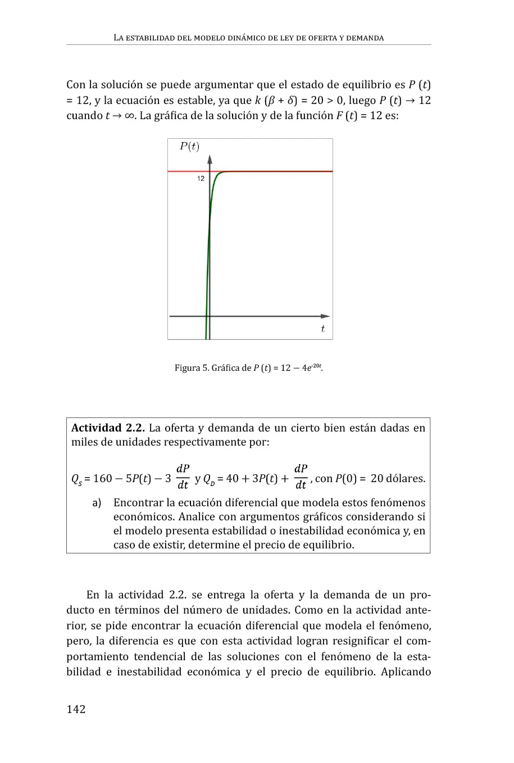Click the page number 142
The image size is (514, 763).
click(76, 709)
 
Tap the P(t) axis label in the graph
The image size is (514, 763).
click(189, 147)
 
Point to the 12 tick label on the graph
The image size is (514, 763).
click(201, 179)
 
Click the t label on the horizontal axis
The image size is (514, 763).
click(322, 329)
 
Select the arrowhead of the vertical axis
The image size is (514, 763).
click(210, 158)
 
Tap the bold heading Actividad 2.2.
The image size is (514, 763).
click(108, 428)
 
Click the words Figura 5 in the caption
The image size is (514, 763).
click(192, 369)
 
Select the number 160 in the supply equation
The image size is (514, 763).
click(102, 479)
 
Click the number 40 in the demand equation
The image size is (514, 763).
click(232, 479)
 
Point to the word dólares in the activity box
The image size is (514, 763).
click(406, 479)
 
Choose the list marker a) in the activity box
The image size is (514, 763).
click(97, 503)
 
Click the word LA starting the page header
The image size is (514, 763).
click(118, 38)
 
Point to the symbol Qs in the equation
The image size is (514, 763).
click(76, 479)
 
